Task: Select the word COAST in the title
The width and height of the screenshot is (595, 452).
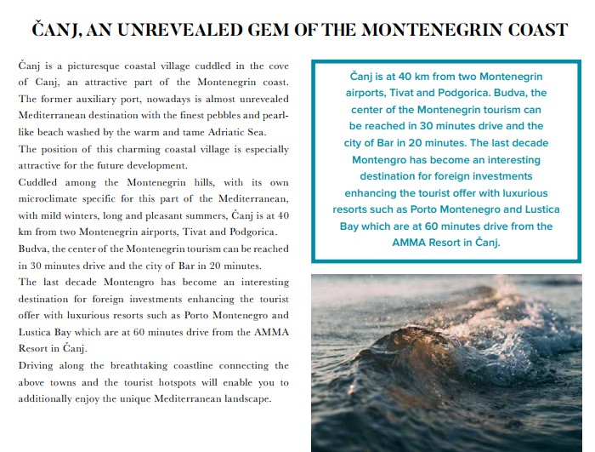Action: [x=535, y=30]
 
